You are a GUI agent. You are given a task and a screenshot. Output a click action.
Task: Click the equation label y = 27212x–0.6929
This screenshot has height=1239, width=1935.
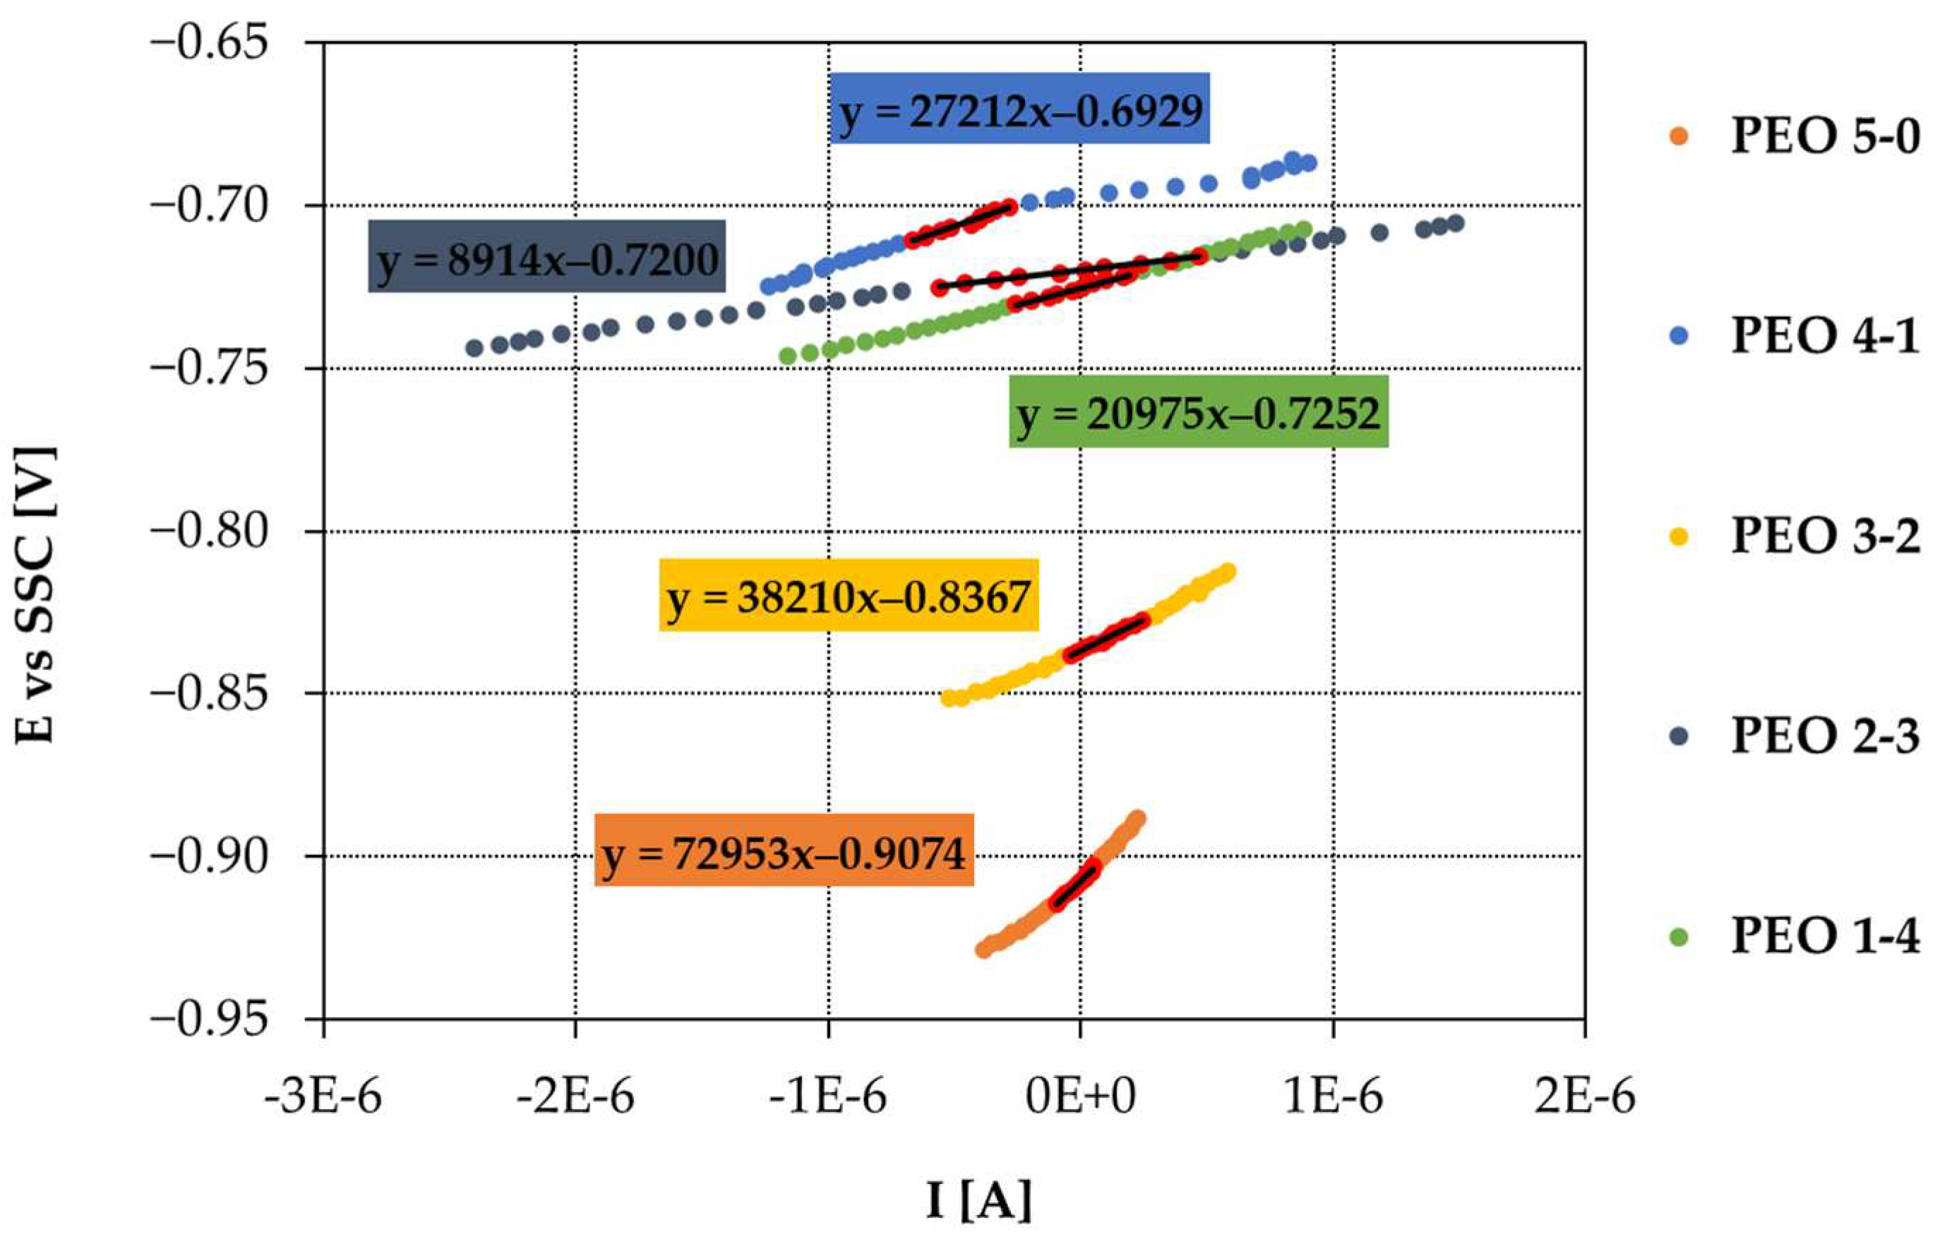1019,109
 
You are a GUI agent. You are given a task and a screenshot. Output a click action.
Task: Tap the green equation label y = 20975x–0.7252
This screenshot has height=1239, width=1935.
1198,411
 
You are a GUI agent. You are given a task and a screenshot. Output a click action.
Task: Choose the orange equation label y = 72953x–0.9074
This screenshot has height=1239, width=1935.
784,851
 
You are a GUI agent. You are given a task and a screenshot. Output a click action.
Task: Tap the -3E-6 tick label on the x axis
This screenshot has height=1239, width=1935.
323,1096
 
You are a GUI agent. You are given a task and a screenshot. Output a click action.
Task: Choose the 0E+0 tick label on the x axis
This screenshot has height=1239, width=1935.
1081,1096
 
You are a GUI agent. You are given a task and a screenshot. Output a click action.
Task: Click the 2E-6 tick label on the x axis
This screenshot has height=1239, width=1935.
1585,1096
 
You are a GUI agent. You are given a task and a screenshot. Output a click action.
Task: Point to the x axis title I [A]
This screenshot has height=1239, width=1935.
978,1200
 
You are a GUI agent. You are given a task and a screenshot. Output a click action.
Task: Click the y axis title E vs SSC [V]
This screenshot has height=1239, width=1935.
36,594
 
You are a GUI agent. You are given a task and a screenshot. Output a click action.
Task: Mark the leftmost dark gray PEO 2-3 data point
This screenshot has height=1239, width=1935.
474,348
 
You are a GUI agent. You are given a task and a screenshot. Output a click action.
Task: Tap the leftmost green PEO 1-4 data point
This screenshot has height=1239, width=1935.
788,356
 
